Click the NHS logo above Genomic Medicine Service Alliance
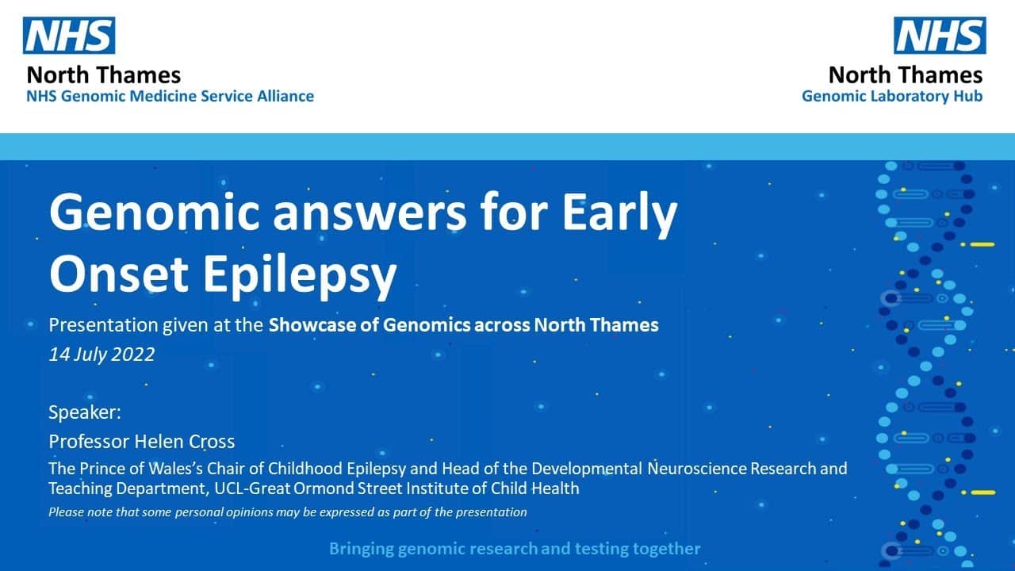pyautogui.click(x=69, y=36)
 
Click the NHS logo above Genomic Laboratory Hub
pyautogui.click(x=940, y=36)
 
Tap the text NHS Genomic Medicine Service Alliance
pyautogui.click(x=170, y=96)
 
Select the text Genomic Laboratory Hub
pyautogui.click(x=892, y=96)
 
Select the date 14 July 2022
pyautogui.click(x=101, y=354)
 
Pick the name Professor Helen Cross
pyautogui.click(x=142, y=441)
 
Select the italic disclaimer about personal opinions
pyautogui.click(x=287, y=512)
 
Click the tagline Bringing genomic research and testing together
pyautogui.click(x=515, y=548)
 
